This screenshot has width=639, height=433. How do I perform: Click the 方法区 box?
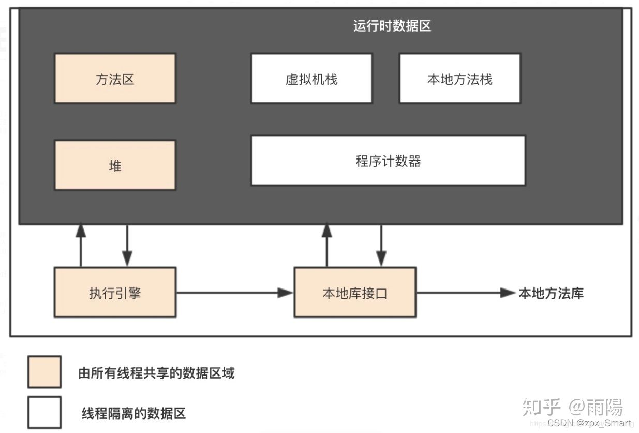(115, 79)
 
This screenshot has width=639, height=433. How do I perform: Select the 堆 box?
(115, 165)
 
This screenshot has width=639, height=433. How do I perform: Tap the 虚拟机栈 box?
(311, 79)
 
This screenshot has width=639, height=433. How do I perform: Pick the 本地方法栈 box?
(459, 79)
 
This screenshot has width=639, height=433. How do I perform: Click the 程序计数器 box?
(388, 161)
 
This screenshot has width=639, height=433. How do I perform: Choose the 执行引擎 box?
(115, 293)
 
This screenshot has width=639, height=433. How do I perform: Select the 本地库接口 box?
(354, 293)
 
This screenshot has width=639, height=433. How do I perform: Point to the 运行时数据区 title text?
(392, 26)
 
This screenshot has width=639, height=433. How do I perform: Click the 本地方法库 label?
(551, 293)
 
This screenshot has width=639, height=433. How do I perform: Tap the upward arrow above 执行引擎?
(81, 246)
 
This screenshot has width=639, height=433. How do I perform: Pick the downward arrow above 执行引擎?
(127, 246)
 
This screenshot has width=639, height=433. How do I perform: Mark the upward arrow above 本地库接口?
(326, 246)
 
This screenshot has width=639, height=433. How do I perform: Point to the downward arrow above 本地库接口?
(381, 246)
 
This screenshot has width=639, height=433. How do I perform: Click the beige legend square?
(44, 372)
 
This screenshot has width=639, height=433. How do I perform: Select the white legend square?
(44, 412)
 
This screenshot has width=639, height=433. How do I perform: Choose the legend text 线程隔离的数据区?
(133, 413)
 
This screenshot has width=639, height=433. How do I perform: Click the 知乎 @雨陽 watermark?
(572, 407)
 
